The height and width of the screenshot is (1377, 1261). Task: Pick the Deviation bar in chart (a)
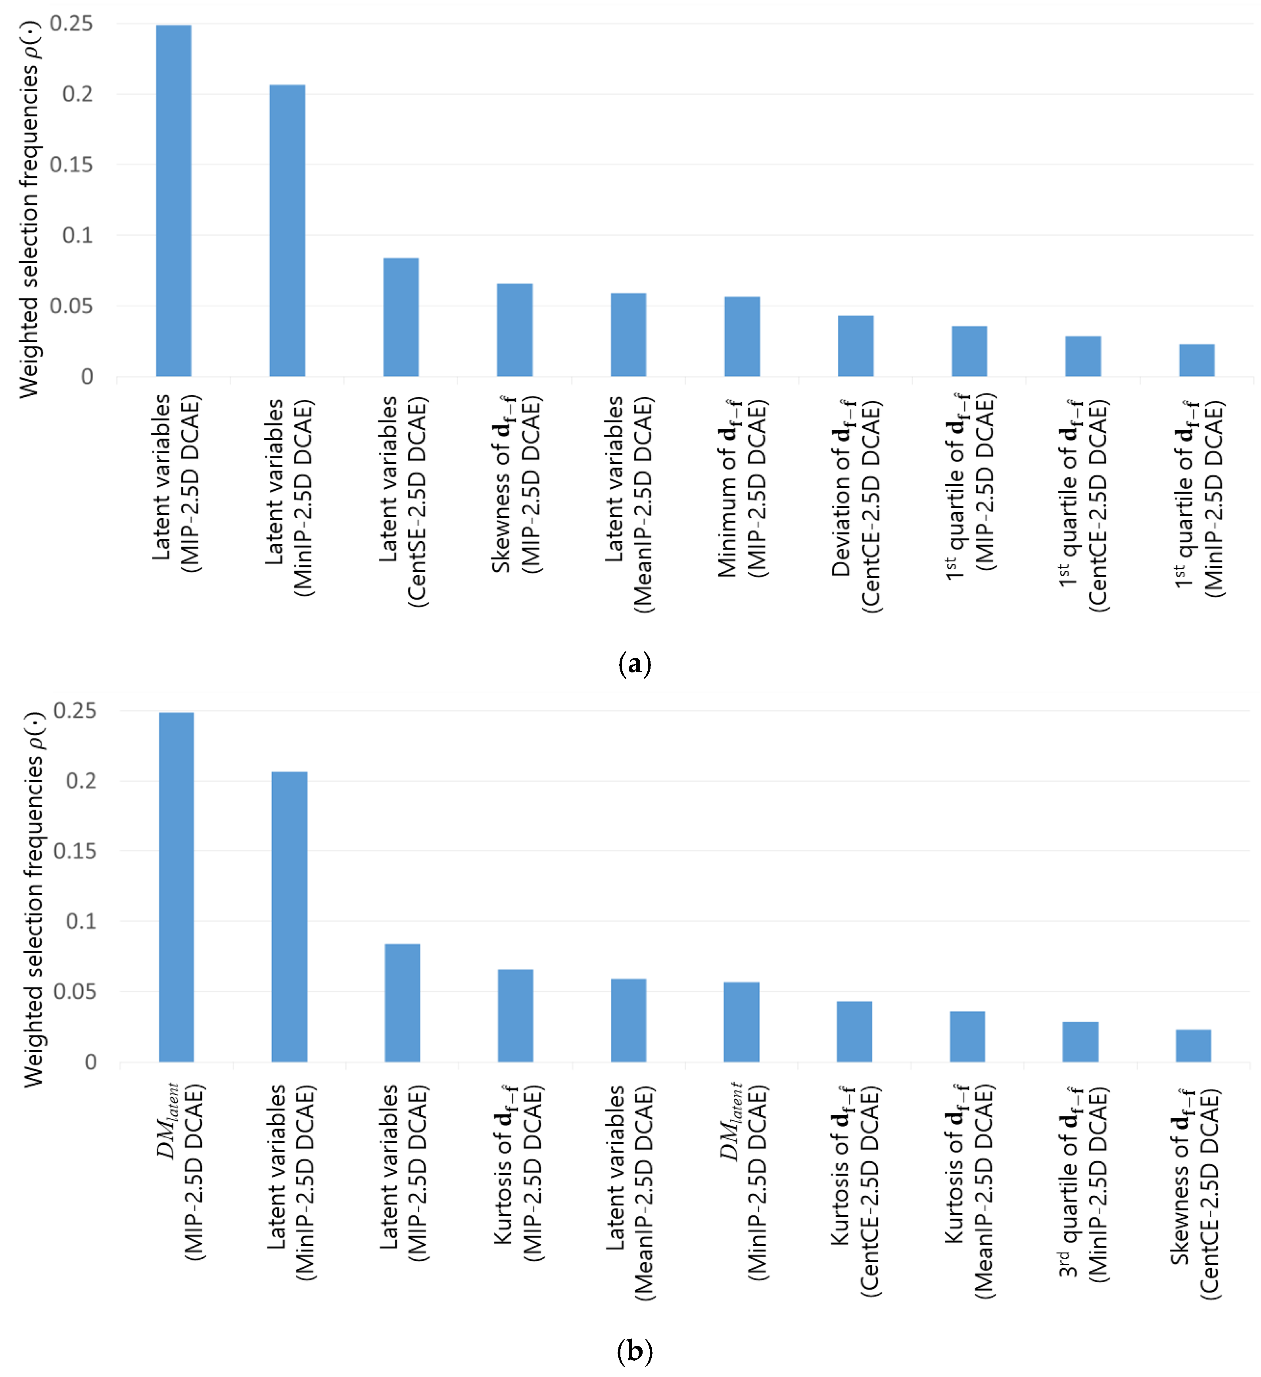pos(855,346)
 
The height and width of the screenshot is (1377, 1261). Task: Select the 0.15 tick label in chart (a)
pos(71,165)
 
